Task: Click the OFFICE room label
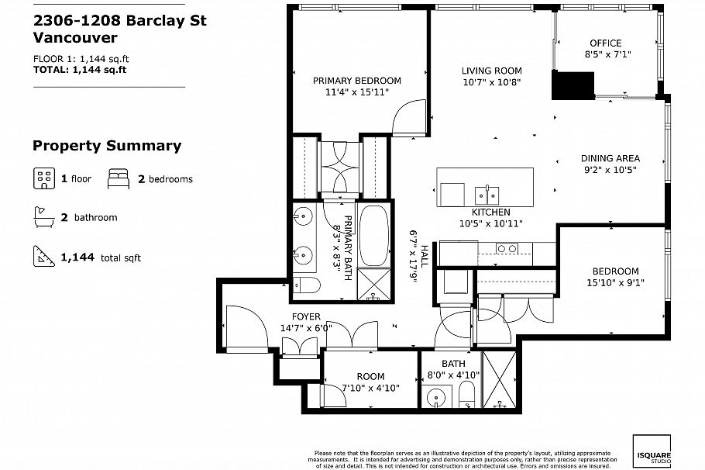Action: coord(605,43)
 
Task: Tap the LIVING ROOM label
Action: coord(492,71)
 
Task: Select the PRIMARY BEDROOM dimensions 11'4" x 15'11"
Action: coord(356,92)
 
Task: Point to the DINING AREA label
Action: coord(610,158)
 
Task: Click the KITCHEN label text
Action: coord(491,212)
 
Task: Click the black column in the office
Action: coord(573,85)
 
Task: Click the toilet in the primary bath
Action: coord(307,285)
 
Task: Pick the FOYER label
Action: coord(306,316)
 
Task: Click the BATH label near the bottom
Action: coord(453,363)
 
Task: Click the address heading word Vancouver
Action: coord(75,38)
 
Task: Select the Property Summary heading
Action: coord(107,146)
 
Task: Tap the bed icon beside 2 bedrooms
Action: coord(118,178)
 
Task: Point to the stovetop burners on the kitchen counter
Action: coord(507,248)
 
